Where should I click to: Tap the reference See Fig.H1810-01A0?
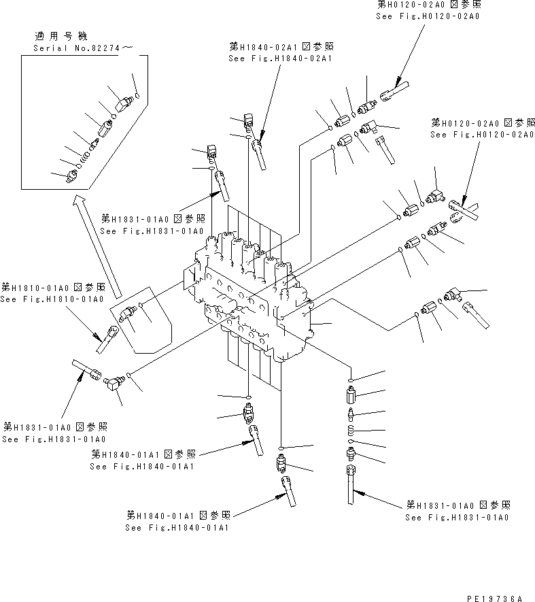coord(52,299)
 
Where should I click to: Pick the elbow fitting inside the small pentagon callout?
coord(126,314)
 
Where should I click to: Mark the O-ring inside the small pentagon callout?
coord(139,305)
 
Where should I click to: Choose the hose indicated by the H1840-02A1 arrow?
coord(260,153)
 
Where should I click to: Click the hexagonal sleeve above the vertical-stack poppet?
coord(351,395)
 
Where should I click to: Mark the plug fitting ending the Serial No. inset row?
coord(72,176)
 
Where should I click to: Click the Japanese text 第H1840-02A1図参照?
coord(282,47)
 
